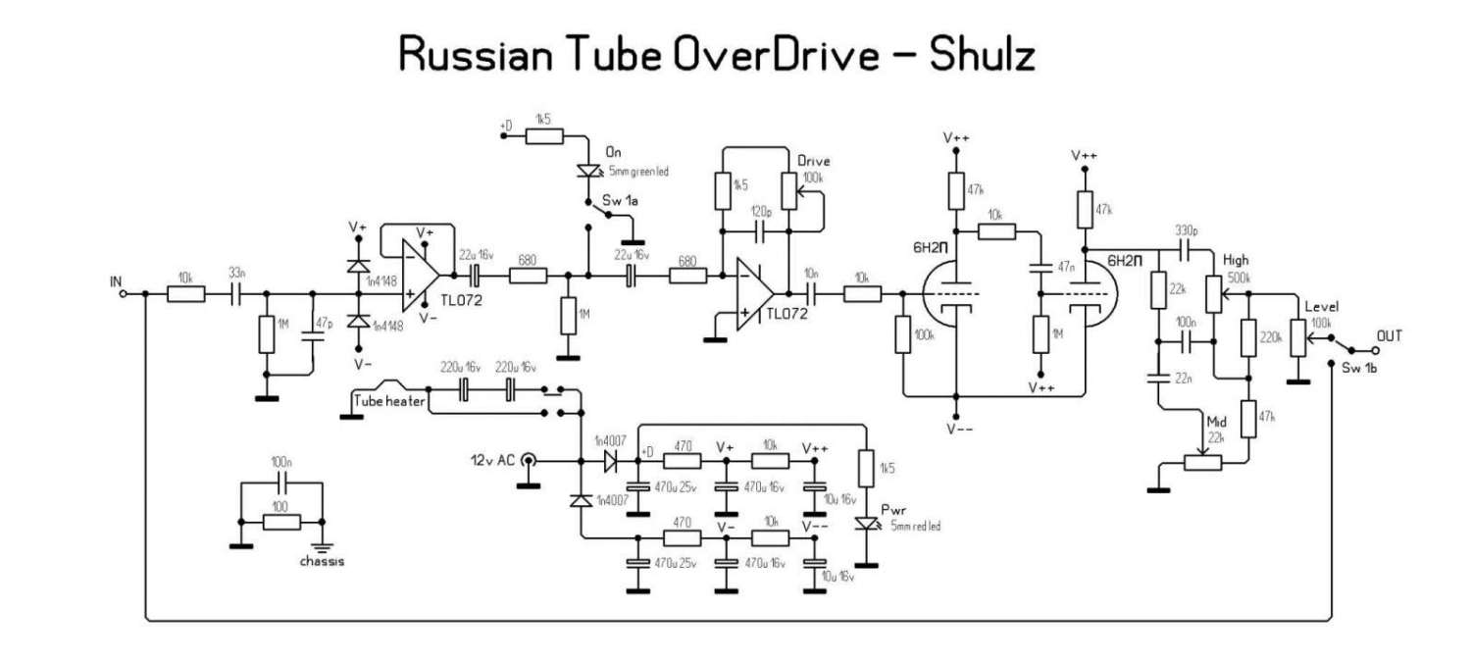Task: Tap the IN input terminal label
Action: click(x=118, y=281)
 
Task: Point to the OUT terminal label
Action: click(x=1390, y=335)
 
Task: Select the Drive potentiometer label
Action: click(x=814, y=160)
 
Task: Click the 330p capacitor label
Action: click(x=1188, y=230)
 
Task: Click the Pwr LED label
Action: click(x=894, y=511)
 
